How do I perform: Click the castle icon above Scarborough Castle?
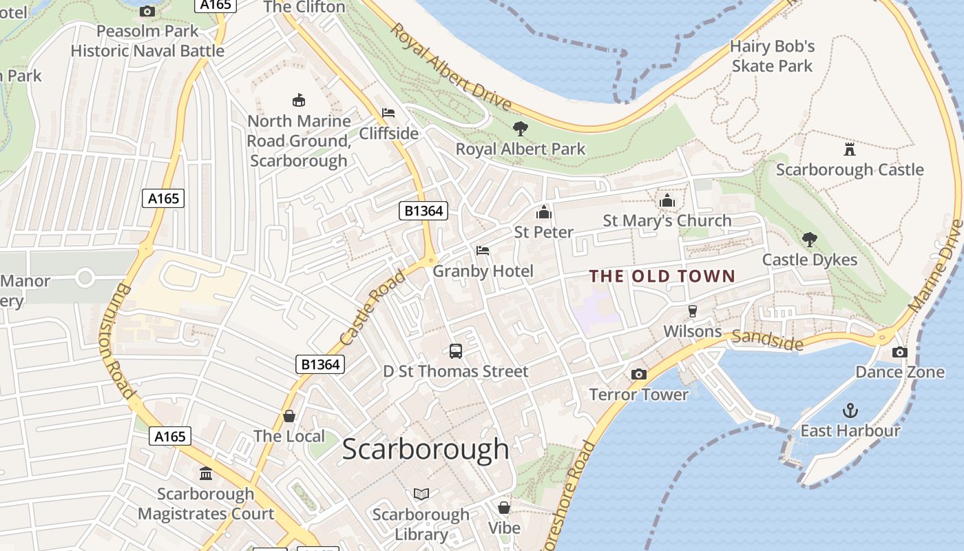point(849,149)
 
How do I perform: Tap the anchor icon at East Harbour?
point(850,411)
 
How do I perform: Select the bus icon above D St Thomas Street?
point(456,351)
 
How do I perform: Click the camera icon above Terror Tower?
point(639,374)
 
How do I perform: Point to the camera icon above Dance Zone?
point(899,352)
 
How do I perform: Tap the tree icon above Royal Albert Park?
point(520,128)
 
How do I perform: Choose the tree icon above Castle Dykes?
point(810,240)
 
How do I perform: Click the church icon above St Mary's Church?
point(667,200)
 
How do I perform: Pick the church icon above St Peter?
point(544,211)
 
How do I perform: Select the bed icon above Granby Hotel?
point(483,251)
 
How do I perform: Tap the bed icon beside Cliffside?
point(388,113)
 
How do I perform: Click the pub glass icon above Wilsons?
point(693,311)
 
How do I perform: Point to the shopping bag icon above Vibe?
point(504,508)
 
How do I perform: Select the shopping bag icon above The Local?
point(289,416)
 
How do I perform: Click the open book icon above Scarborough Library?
point(421,494)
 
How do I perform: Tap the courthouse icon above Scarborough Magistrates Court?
point(205,474)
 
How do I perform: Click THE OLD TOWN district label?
point(662,276)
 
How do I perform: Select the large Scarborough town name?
point(426,449)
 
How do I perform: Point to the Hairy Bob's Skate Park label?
point(772,56)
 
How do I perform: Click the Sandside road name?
point(767,339)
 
